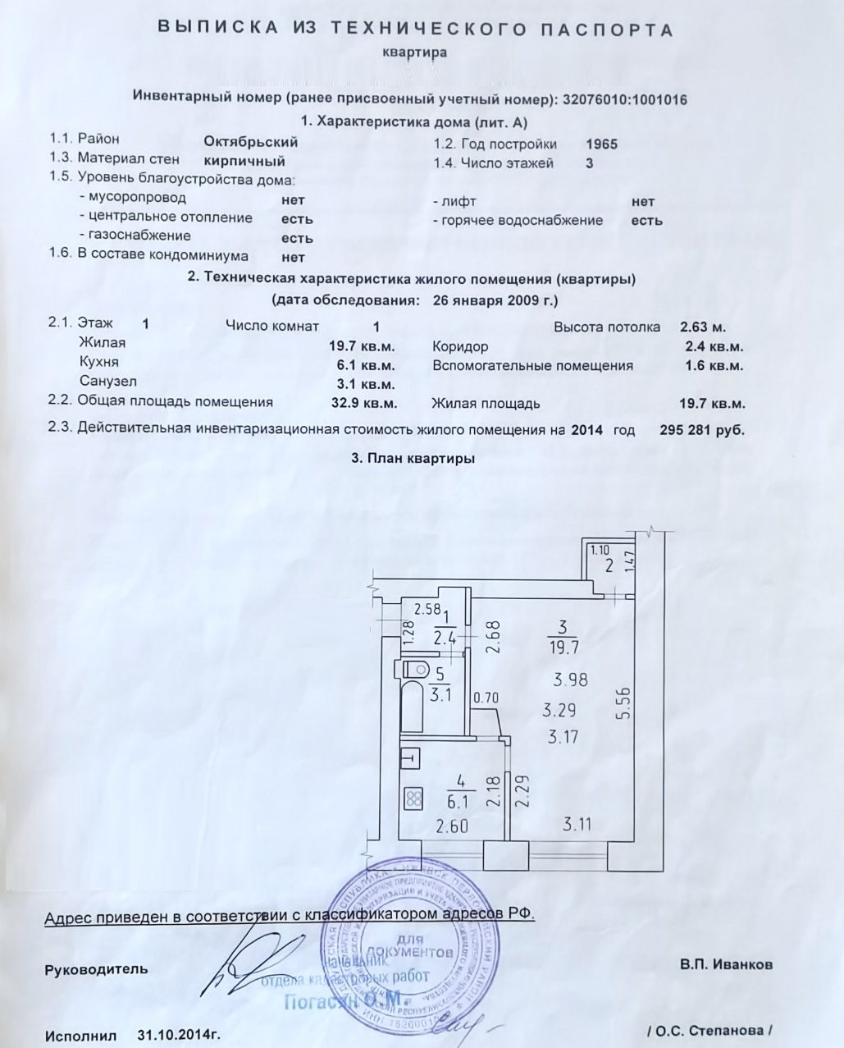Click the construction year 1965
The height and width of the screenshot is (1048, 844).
602,144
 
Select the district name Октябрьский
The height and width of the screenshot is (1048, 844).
250,141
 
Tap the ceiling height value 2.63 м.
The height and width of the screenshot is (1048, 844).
703,327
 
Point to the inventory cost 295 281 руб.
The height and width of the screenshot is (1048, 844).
702,429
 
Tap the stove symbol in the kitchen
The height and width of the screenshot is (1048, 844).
413,797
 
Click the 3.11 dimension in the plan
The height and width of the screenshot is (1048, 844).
577,824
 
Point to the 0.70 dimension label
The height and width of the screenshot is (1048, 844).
487,698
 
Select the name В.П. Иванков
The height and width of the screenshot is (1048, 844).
725,965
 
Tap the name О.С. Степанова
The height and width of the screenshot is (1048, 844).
711,1030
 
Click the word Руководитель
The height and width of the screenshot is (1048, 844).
96,969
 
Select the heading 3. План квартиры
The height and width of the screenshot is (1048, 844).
413,459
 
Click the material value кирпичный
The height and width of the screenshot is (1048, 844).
244,161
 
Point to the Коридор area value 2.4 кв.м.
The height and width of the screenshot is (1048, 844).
714,346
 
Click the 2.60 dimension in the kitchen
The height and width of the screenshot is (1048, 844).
452,826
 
